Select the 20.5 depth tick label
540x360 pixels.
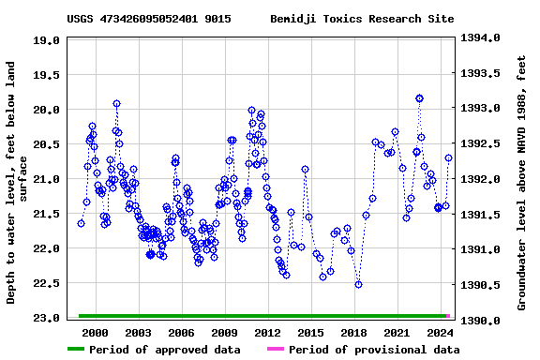[48, 144]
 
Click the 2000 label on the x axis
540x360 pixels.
[96, 333]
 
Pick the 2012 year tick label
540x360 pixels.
[267, 333]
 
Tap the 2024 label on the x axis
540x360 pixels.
[440, 333]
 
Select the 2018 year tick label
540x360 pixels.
[353, 333]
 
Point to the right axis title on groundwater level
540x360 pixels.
[521, 183]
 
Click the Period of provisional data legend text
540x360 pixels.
[374, 350]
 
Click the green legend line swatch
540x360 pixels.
[88, 350]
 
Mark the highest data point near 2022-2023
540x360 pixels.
[419, 98]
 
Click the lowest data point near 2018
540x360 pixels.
[358, 284]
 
